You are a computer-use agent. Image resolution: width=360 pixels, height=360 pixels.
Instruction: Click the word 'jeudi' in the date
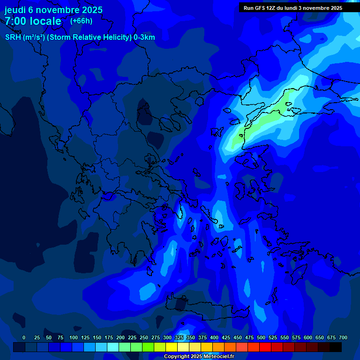coord(15,10)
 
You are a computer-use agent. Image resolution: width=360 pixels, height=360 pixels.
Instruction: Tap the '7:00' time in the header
coord(16,21)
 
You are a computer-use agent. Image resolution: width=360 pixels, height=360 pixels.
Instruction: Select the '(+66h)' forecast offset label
coord(81,21)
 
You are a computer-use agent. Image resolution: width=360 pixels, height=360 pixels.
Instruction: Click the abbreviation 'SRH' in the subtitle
coord(13,37)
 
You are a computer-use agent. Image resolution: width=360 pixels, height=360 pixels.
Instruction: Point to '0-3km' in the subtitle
coord(144,37)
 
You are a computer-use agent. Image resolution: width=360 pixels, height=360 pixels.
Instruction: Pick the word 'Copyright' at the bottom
coord(177,357)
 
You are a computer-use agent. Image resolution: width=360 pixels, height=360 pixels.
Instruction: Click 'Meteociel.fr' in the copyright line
coord(219,357)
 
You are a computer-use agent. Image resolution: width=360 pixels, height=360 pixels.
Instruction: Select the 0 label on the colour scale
coord(24,338)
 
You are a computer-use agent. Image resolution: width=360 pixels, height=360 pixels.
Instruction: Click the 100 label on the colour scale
coord(74,338)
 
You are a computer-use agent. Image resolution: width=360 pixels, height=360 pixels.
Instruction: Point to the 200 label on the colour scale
coord(120,338)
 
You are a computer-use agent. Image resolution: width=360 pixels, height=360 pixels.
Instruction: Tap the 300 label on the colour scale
coord(167,338)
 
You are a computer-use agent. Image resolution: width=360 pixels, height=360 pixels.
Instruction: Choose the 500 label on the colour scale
coord(261,338)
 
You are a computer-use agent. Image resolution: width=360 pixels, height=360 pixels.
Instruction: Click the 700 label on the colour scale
coord(343,338)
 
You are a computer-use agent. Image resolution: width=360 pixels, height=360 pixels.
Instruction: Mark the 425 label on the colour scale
coord(226,338)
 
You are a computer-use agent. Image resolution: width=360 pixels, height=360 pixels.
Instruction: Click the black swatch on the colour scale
coord(336,347)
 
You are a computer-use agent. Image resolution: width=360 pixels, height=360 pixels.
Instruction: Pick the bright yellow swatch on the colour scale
coord(172,347)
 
